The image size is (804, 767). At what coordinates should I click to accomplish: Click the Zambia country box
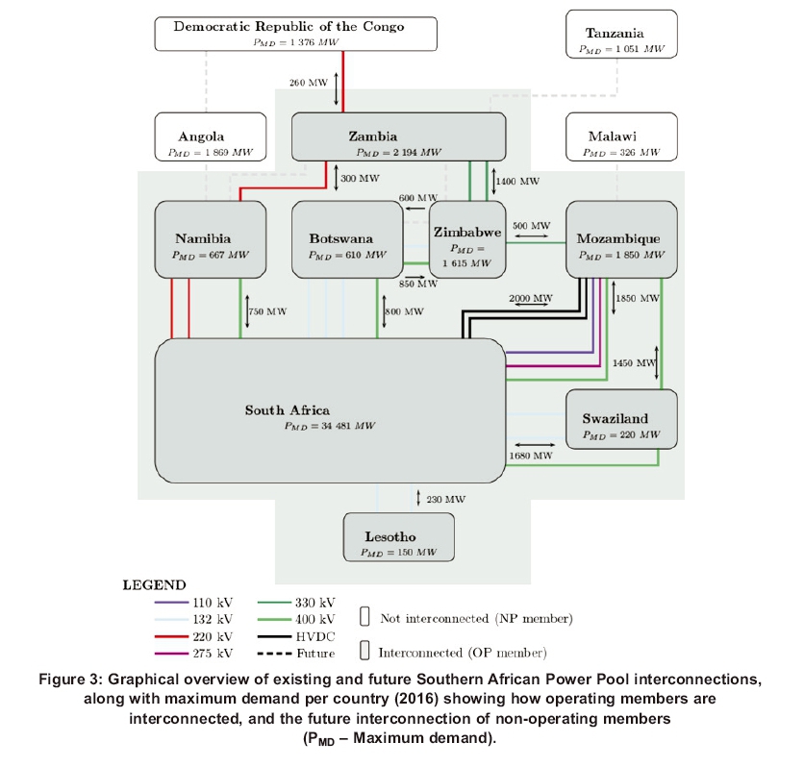[398, 136]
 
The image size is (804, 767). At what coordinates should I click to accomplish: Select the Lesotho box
[398, 537]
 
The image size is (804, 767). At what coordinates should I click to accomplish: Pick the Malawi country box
[621, 136]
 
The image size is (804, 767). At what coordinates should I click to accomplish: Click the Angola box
[210, 136]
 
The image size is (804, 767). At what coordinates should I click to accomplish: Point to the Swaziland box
[621, 418]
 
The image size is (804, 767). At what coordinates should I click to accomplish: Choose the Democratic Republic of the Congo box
[289, 34]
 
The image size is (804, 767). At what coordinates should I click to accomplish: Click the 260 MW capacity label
[309, 83]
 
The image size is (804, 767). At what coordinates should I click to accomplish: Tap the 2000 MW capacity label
[531, 299]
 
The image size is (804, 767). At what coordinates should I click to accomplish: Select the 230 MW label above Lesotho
[445, 499]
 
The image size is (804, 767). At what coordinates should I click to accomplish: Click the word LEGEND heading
[154, 583]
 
